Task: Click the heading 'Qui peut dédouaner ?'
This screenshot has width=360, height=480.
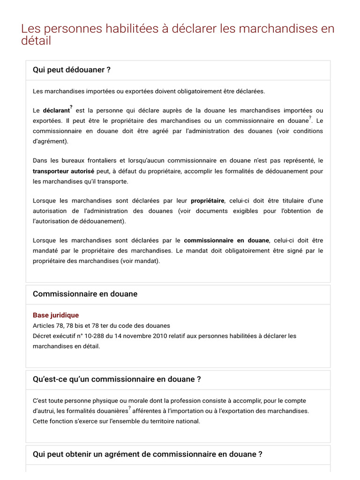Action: click(x=71, y=70)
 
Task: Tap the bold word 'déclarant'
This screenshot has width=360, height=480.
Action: click(x=56, y=111)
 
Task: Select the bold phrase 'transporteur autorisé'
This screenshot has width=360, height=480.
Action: click(x=63, y=172)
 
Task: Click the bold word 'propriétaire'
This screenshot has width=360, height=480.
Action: click(x=207, y=201)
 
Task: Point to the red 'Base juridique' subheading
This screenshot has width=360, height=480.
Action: click(x=56, y=315)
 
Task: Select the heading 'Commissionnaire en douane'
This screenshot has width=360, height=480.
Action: click(x=85, y=294)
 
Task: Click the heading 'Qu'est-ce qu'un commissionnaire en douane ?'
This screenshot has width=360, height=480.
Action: click(x=117, y=379)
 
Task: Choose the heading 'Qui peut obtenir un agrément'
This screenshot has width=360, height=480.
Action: click(x=147, y=454)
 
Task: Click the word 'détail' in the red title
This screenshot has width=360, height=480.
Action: click(x=36, y=41)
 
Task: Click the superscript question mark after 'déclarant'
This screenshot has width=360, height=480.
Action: click(x=71, y=107)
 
